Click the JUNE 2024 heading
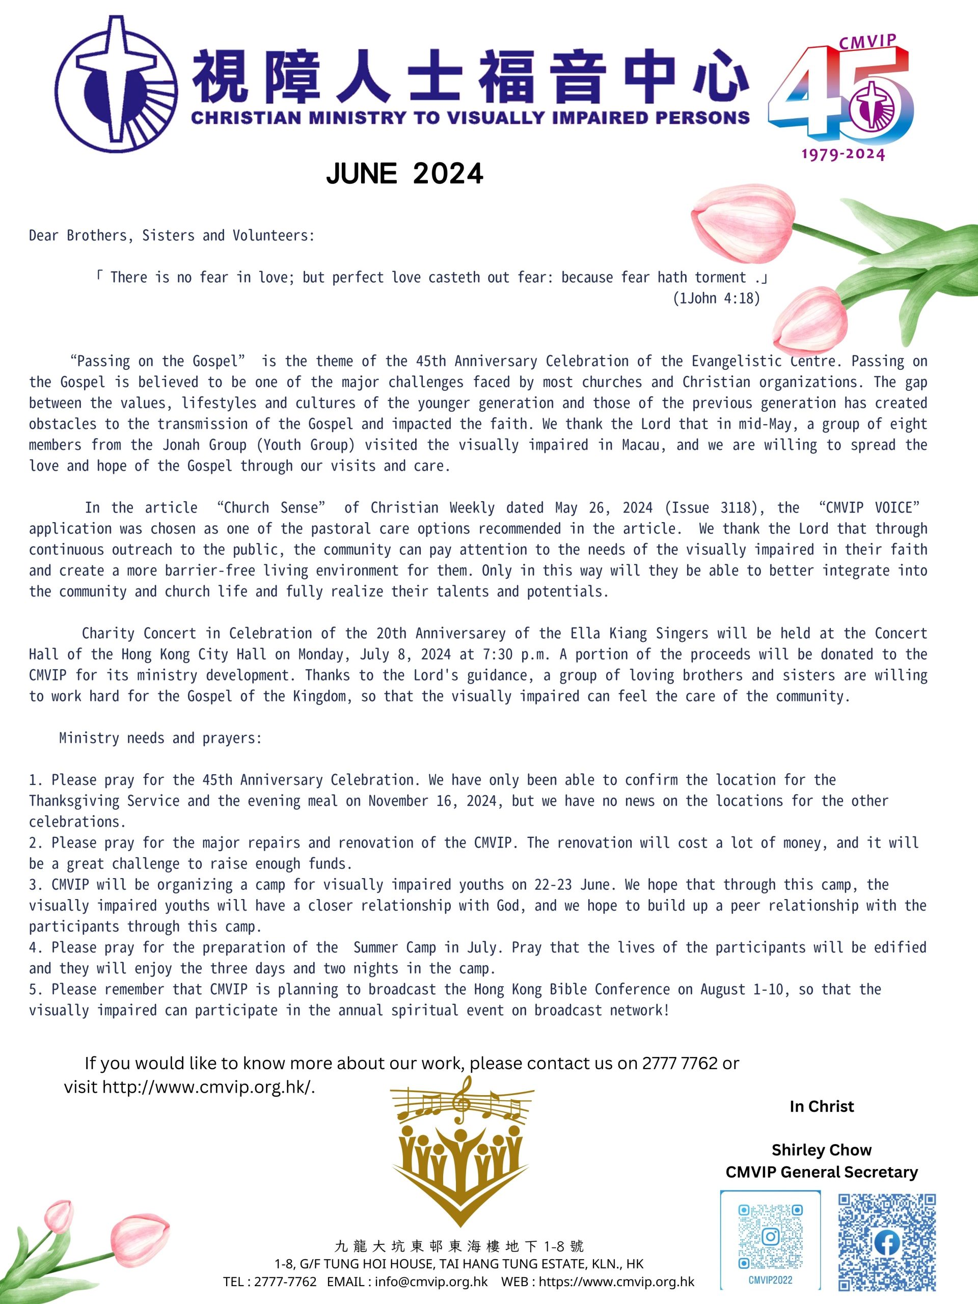click(x=404, y=173)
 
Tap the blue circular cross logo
click(x=116, y=84)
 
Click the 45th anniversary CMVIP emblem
click(x=841, y=97)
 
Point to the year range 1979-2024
click(x=843, y=154)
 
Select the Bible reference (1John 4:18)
click(x=716, y=298)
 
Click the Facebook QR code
click(x=887, y=1242)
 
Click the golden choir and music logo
click(x=461, y=1150)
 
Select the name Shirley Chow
click(x=821, y=1150)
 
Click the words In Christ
click(x=821, y=1106)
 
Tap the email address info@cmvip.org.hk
click(x=431, y=1282)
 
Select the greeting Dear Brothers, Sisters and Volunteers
click(x=172, y=236)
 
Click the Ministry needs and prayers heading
click(x=160, y=738)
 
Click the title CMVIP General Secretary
click(x=821, y=1172)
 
